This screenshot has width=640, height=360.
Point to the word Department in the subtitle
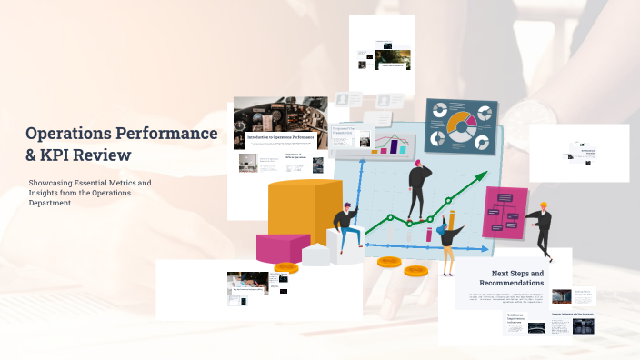(50, 203)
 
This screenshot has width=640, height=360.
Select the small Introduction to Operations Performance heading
(279, 137)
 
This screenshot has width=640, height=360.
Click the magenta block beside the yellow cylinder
(283, 246)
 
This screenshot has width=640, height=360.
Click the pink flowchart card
(505, 212)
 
